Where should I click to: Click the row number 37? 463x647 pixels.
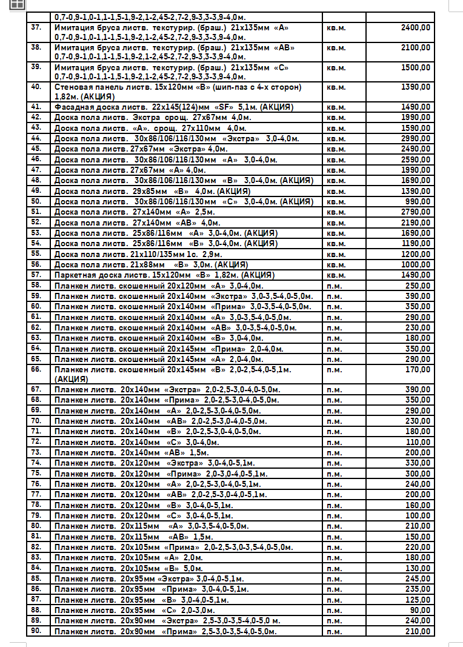36,28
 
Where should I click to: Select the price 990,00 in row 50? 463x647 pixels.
419,201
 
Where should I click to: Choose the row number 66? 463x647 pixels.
36,369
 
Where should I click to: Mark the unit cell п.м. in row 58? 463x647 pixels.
334,286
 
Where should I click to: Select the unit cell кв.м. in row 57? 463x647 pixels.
336,275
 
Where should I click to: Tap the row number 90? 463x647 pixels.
36,631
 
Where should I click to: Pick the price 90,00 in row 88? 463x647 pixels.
421,610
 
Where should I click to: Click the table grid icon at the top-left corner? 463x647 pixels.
17,4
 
